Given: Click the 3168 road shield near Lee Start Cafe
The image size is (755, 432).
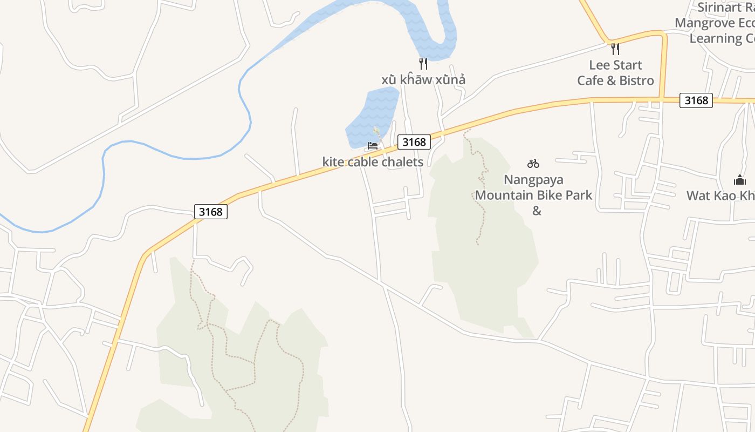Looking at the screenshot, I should [696, 100].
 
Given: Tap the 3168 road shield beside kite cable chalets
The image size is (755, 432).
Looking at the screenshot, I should [414, 142].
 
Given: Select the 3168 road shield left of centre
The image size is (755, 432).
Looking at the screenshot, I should [210, 212].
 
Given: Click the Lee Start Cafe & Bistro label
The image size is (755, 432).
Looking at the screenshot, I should [615, 73].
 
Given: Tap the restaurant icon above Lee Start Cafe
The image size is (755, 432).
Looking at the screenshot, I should [615, 49].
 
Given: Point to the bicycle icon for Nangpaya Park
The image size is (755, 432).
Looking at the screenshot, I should [533, 164].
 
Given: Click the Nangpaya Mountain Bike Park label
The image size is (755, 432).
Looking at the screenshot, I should [533, 187].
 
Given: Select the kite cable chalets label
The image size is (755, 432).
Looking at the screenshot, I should [373, 162].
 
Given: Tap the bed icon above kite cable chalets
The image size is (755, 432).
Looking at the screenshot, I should [372, 146].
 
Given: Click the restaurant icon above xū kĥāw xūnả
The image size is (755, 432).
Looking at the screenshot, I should [423, 64].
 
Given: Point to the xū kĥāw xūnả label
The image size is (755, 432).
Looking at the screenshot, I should [423, 80].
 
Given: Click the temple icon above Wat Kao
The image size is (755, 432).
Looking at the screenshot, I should [739, 180].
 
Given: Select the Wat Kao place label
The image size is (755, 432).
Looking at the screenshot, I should [720, 195].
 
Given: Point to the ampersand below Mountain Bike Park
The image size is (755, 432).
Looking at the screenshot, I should [537, 211].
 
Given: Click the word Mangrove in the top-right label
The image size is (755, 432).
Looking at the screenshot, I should [705, 23].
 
